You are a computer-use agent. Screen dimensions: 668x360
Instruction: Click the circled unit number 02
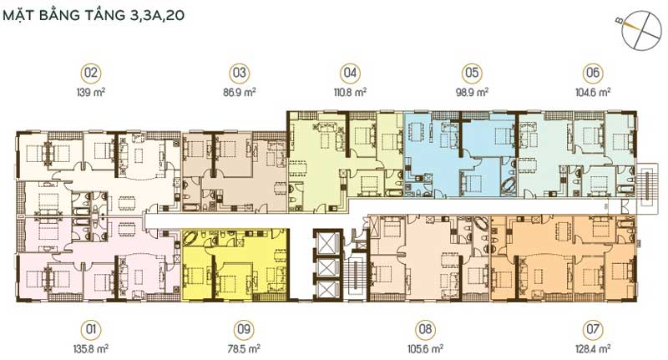91,73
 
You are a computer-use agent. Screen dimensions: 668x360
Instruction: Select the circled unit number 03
240,73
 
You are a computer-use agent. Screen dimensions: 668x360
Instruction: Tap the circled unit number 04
350,73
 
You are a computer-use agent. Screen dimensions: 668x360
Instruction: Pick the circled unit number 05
472,73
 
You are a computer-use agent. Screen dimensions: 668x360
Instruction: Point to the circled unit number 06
593,73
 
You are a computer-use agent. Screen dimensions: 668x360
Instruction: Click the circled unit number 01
91,330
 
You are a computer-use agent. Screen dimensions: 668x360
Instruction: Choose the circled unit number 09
244,330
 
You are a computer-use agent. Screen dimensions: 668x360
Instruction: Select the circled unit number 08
425,330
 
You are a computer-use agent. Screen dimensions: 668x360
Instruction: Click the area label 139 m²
91,92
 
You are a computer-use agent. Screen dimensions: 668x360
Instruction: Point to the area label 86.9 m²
240,92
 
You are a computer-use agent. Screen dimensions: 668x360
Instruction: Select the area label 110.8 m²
349,92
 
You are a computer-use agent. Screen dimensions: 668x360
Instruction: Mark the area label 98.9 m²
472,92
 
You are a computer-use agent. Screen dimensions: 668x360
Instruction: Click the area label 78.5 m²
244,349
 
